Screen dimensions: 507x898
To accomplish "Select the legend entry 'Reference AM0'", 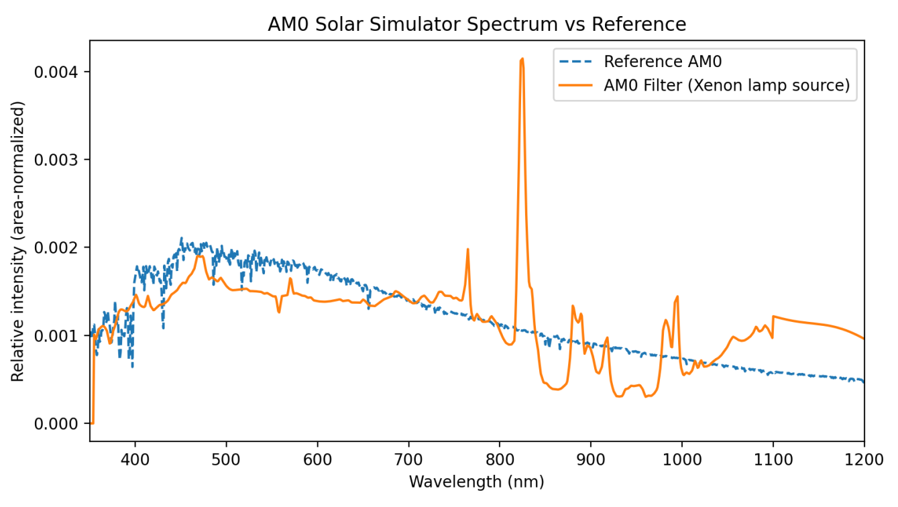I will [662, 62].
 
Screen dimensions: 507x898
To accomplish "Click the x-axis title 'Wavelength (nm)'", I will [476, 482].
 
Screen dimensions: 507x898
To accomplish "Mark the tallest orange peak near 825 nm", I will [522, 59].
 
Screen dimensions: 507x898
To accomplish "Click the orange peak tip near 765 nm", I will [467, 249].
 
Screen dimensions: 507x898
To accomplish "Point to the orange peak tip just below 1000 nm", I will [677, 296].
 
